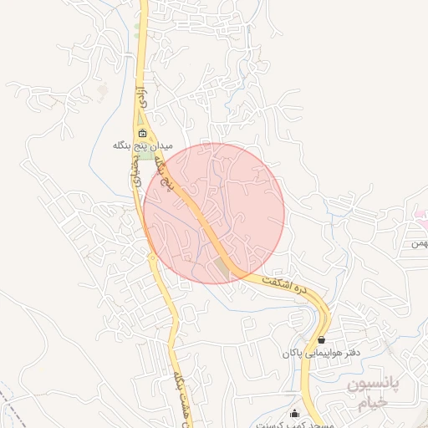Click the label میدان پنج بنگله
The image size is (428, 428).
pyautogui.click(x=143, y=145)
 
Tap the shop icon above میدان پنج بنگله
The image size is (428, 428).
pyautogui.click(x=143, y=134)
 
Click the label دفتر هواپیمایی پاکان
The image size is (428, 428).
pyautogui.click(x=320, y=353)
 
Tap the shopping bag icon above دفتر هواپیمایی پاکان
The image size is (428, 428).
pyautogui.click(x=321, y=340)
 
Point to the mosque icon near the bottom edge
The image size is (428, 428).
pyautogui.click(x=294, y=412)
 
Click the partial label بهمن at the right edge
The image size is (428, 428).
pyautogui.click(x=419, y=243)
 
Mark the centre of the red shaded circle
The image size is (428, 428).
pyautogui.click(x=214, y=213)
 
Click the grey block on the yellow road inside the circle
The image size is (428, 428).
pyautogui.click(x=222, y=267)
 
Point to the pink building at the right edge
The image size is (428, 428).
pyautogui.click(x=420, y=214)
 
